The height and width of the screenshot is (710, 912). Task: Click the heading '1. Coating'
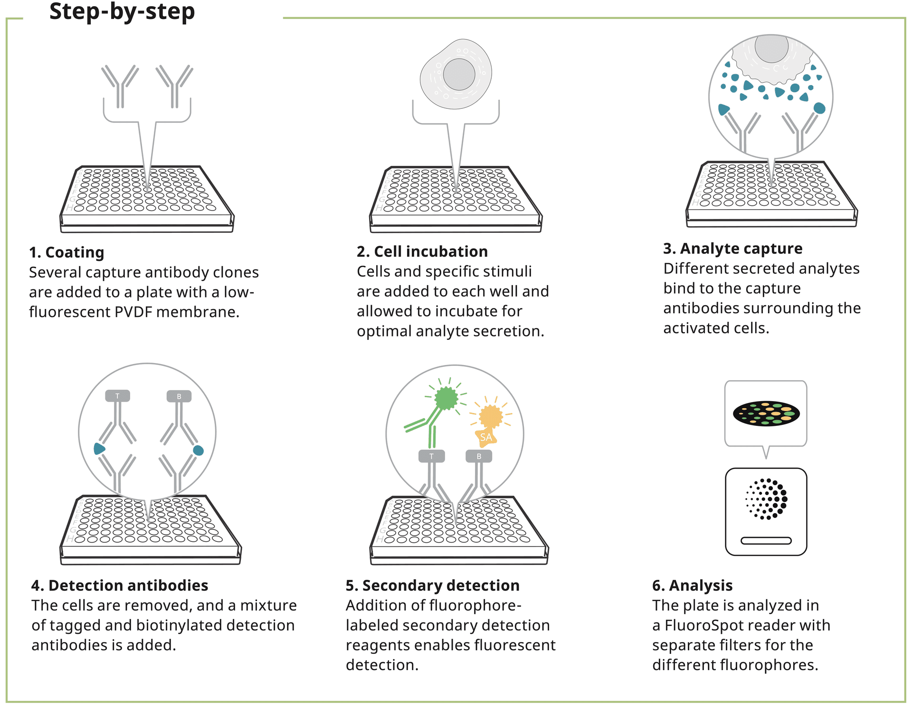pos(66,252)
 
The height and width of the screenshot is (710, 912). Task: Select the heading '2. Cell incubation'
pos(422,251)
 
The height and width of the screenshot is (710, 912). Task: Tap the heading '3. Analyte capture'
pos(732,249)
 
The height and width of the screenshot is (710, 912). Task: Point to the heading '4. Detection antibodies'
pos(120,585)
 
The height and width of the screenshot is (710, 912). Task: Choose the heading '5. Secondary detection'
pos(432,585)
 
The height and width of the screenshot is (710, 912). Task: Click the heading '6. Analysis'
pos(692,585)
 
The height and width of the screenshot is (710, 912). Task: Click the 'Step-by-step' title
pos(122,11)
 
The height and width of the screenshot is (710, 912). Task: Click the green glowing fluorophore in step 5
pos(446,398)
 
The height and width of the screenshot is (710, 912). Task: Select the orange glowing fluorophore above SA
pos(491,416)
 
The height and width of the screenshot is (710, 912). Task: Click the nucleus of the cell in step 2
pos(459,74)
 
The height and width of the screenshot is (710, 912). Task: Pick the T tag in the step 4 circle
pos(117,396)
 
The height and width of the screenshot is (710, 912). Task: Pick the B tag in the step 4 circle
pos(179,396)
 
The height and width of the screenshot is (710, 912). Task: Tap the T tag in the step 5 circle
pos(431,456)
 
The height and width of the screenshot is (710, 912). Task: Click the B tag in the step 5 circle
pos(479,456)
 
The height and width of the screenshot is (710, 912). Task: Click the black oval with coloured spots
pos(766,413)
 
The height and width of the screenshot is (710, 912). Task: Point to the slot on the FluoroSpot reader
pos(766,540)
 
